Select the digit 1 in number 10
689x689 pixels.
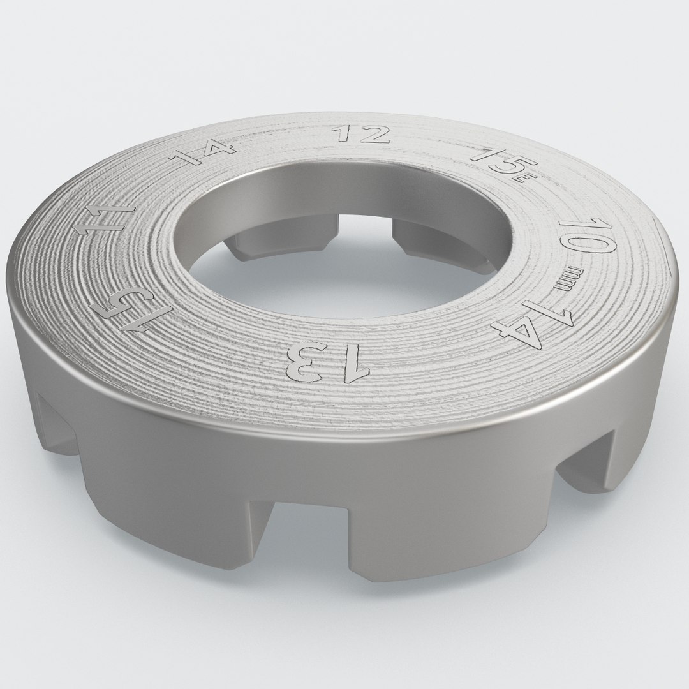(577, 223)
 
